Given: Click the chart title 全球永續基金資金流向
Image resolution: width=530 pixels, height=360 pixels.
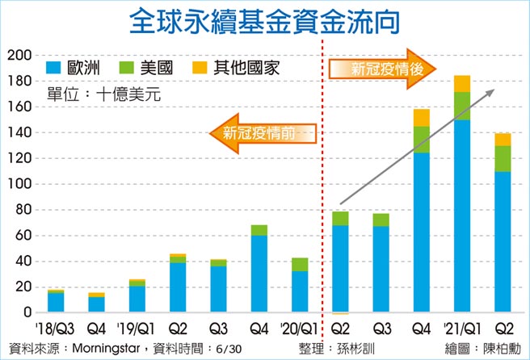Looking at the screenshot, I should click(265, 23).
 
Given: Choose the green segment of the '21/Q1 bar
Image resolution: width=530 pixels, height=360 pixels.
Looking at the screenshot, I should click(461, 106).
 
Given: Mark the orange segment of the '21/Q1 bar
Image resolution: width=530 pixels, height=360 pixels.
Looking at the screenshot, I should click(461, 83).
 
